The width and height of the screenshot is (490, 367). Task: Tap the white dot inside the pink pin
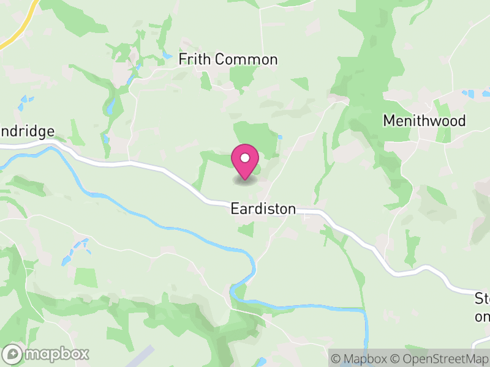(x=245, y=158)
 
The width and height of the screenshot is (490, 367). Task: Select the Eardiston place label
(x=263, y=209)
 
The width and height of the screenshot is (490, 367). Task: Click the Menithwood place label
(x=424, y=120)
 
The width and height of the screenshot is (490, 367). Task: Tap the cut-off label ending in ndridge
(x=27, y=132)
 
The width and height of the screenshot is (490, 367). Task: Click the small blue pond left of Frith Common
(x=167, y=56)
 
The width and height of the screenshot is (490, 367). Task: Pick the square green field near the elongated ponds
(x=86, y=277)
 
